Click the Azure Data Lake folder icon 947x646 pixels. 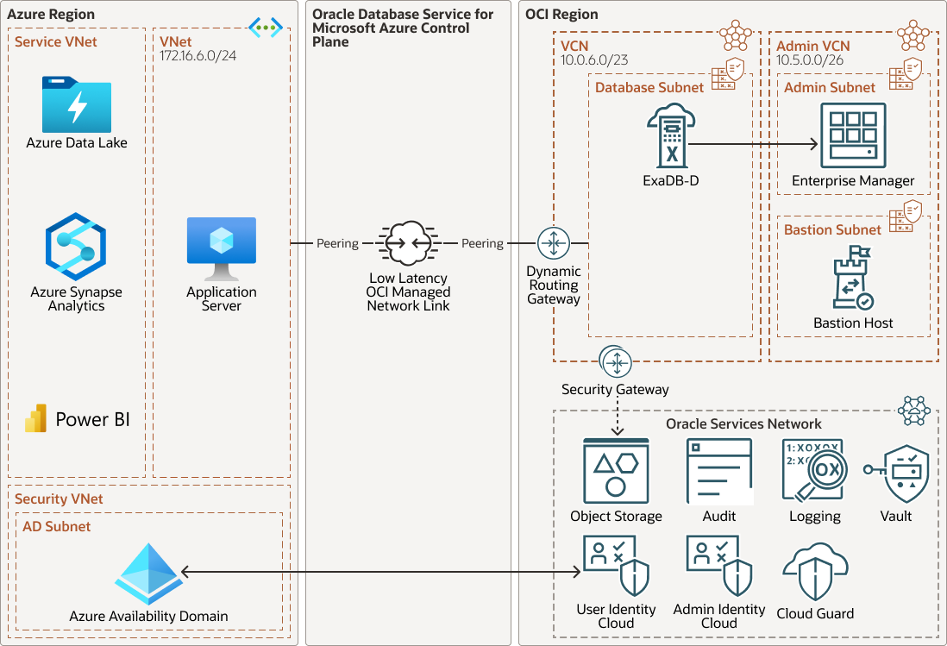(x=77, y=104)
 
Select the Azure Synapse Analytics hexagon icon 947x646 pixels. (x=76, y=248)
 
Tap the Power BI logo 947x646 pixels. (x=36, y=418)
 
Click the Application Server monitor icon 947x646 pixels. (x=222, y=248)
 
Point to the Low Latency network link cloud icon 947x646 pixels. (x=408, y=244)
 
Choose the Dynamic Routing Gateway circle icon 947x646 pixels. (x=554, y=244)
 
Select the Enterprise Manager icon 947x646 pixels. (x=853, y=136)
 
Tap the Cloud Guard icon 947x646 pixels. (x=815, y=572)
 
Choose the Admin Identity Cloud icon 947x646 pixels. (x=719, y=566)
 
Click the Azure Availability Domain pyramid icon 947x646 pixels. (x=147, y=574)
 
